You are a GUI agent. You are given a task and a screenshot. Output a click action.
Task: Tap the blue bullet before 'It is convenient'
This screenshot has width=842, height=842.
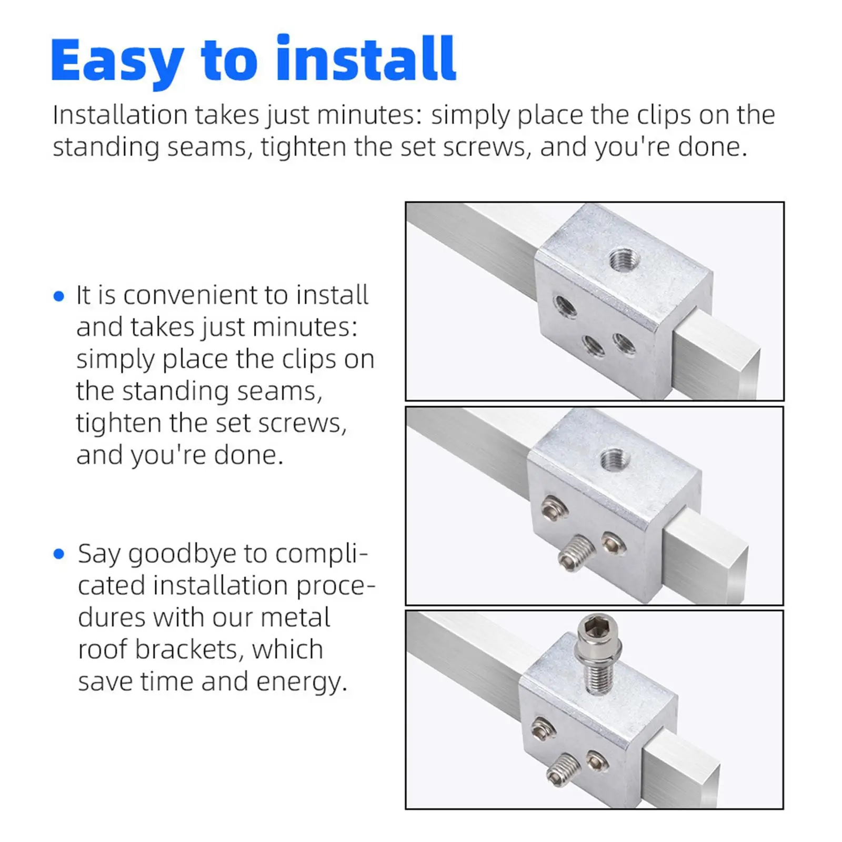tap(59, 296)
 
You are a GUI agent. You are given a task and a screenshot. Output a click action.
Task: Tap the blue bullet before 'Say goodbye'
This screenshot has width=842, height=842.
tap(59, 554)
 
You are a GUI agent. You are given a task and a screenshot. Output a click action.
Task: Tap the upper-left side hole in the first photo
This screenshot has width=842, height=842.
tap(565, 306)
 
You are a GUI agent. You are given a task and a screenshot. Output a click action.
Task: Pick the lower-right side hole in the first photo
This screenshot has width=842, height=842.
tap(624, 345)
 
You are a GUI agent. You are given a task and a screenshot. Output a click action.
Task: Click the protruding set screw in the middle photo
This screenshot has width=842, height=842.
tap(575, 554)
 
